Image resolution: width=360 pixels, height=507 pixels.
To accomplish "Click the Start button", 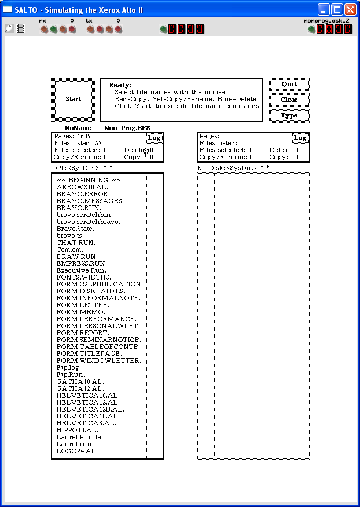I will [x=73, y=99].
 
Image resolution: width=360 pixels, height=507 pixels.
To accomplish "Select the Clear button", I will [x=289, y=100].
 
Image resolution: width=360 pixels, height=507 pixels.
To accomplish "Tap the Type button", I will [x=289, y=115].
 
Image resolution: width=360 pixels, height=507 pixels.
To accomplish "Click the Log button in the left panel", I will [x=154, y=138].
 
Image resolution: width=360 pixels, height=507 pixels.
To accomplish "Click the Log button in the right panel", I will [x=300, y=138].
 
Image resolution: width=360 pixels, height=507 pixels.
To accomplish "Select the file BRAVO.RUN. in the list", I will [x=79, y=208].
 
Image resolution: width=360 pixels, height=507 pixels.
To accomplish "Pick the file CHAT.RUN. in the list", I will [x=76, y=243].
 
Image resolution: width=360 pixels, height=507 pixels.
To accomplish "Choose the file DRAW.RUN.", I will [x=77, y=256].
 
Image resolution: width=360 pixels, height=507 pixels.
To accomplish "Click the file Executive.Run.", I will [x=81, y=270].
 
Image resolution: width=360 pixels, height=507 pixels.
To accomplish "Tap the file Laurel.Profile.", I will [x=79, y=437].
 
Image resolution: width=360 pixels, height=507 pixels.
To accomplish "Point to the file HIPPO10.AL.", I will [x=77, y=430].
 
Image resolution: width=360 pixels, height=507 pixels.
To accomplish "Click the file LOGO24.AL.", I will [x=77, y=451].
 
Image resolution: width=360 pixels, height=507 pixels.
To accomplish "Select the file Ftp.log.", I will [x=68, y=368].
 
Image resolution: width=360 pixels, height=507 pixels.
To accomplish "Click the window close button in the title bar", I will [x=350, y=10].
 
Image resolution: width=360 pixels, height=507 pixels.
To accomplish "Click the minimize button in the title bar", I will [x=324, y=10].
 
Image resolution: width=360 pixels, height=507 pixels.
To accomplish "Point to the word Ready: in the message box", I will [x=120, y=85].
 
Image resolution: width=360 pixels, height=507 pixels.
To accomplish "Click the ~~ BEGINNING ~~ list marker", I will [x=89, y=180].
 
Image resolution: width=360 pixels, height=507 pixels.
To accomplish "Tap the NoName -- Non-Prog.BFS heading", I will [x=108, y=128].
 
